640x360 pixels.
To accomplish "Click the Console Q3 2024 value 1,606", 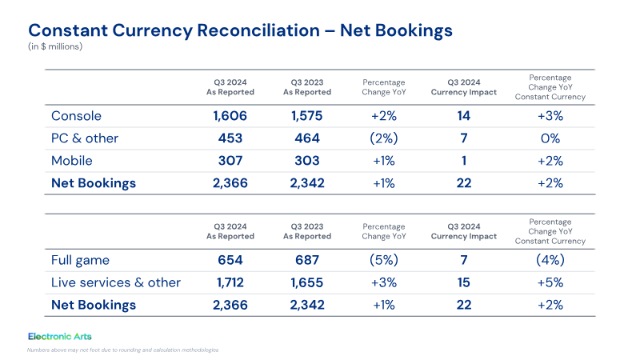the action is coord(230,116).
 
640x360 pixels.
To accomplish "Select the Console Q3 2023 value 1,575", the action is coord(306,116).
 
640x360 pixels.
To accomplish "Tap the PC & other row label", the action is coord(85,138).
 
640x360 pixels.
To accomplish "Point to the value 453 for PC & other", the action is coord(230,138).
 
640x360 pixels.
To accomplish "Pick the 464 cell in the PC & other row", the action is coord(307,138).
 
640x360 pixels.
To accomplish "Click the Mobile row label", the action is coord(72,161).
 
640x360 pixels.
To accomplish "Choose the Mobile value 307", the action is coord(230,161).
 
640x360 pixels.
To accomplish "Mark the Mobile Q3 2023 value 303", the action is coord(307,161).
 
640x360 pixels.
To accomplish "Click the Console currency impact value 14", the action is coord(464,116).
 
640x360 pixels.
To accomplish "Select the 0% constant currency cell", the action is coord(550,138).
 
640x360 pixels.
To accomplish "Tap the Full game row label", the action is coord(81,261).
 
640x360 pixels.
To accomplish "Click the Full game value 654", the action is coord(230,261).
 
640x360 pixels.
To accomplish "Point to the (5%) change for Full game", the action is coord(384,260).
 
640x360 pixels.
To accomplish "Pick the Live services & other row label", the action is coord(116,282).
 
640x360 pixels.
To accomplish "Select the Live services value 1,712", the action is coord(230,282).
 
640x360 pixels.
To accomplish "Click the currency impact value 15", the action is coord(464,282).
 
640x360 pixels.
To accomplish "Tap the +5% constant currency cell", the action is coord(550,282).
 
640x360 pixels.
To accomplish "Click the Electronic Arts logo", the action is coord(60,336).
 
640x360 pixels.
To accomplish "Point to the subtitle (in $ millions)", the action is coord(55,46).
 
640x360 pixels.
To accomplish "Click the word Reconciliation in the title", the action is coord(258,30).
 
